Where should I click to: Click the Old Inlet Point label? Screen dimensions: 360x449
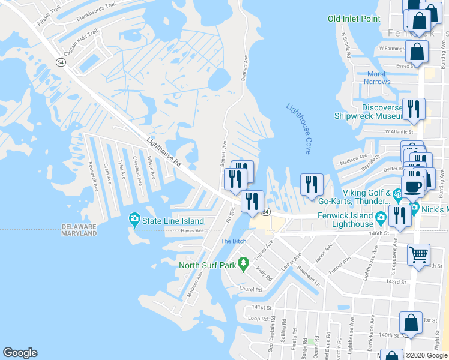pyautogui.click(x=354, y=19)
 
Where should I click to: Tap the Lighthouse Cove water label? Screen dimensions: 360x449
pyautogui.click(x=299, y=128)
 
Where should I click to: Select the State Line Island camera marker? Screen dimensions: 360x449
pyautogui.click(x=134, y=220)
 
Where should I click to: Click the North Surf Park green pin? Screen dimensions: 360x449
pyautogui.click(x=243, y=263)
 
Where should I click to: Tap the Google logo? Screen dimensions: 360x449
pyautogui.click(x=20, y=353)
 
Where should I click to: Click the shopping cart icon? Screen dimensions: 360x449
pyautogui.click(x=418, y=254)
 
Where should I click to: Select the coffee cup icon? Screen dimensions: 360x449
pyautogui.click(x=413, y=187)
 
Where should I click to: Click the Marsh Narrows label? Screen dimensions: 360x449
pyautogui.click(x=378, y=78)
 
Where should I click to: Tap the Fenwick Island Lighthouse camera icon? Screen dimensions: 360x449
pyautogui.click(x=381, y=216)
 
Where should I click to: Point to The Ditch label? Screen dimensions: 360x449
pyautogui.click(x=234, y=241)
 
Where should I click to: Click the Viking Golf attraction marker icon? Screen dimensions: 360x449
pyautogui.click(x=397, y=195)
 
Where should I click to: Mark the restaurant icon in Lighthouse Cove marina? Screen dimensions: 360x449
pyautogui.click(x=312, y=184)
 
